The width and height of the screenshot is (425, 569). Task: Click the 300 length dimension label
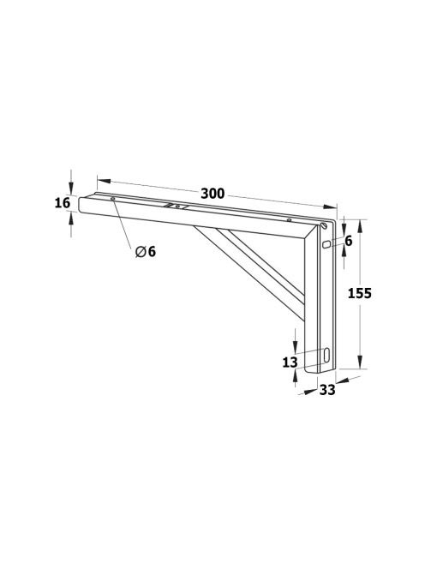click(x=212, y=194)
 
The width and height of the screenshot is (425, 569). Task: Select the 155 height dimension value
click(x=359, y=293)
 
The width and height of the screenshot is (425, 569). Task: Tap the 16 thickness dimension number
click(x=63, y=203)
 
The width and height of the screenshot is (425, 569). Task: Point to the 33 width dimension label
click(x=327, y=390)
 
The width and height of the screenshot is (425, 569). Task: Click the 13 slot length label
click(x=290, y=362)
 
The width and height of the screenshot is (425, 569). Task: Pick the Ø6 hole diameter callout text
click(x=145, y=251)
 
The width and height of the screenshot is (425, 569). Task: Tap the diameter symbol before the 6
click(x=141, y=251)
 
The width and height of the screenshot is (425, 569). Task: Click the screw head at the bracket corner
click(x=324, y=225)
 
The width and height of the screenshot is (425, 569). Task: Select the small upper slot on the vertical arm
click(x=326, y=244)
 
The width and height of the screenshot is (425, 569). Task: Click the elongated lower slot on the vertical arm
click(x=326, y=355)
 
